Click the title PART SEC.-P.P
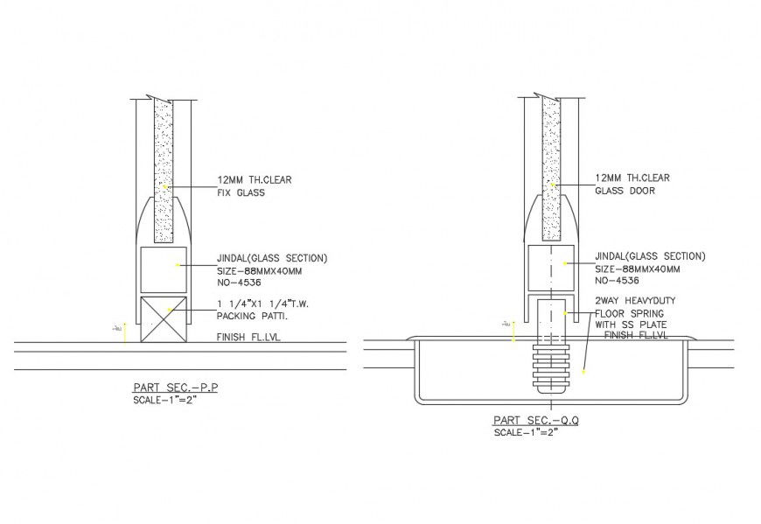click(174, 387)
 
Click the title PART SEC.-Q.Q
click(535, 420)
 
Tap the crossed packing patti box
click(164, 319)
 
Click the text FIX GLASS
click(241, 193)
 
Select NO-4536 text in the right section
click(617, 281)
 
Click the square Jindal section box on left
click(164, 270)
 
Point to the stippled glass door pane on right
click(550, 166)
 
